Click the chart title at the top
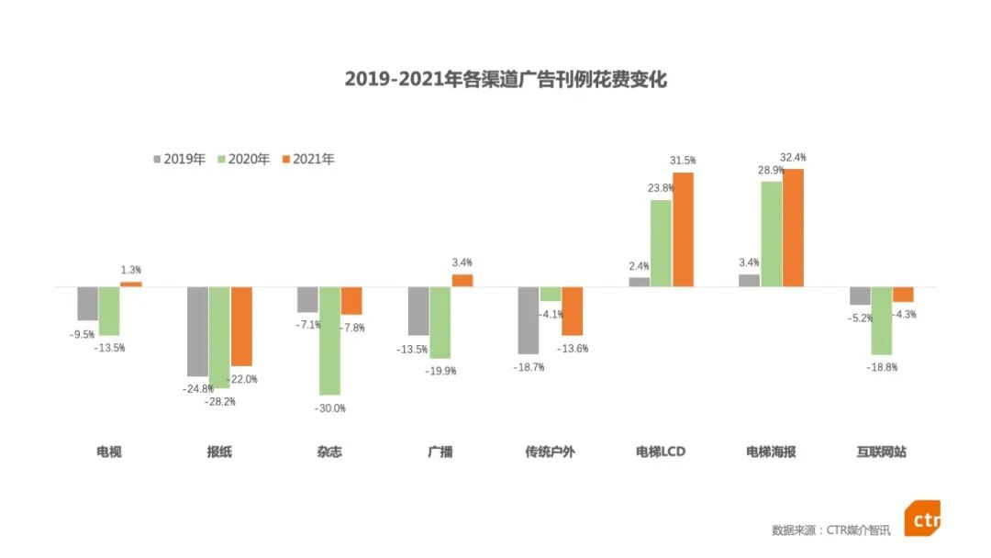(506, 80)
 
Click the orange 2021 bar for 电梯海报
(793, 228)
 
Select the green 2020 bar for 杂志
(329, 340)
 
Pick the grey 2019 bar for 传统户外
(529, 320)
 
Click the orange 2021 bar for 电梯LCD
(683, 229)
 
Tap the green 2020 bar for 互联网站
(882, 320)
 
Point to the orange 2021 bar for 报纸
(241, 327)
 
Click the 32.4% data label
(793, 158)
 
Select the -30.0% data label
(329, 407)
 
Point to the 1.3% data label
(131, 271)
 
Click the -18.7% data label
(529, 367)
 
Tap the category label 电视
(109, 452)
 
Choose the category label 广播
(440, 452)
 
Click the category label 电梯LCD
(661, 452)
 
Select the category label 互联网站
(881, 452)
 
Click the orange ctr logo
(921, 519)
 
